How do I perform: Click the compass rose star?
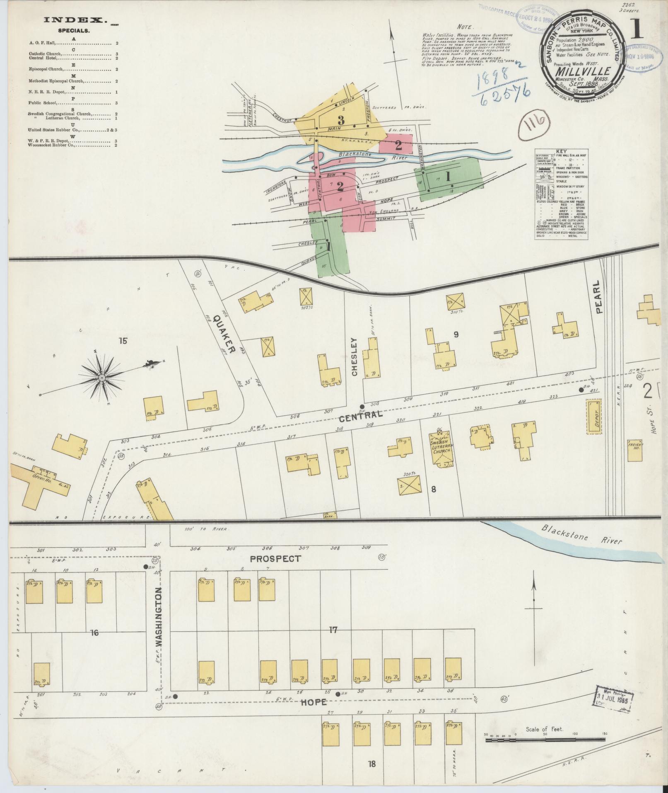tap(101, 377)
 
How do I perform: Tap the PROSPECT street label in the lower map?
tap(275, 559)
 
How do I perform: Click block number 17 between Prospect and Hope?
tap(333, 642)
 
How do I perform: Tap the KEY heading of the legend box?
tap(561, 152)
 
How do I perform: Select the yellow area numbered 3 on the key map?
tap(341, 120)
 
